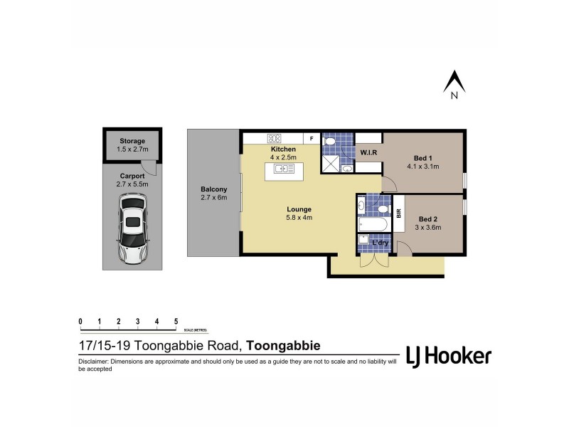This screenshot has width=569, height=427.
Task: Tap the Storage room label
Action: (132, 141)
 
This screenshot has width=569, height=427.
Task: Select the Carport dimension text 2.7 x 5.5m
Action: (132, 184)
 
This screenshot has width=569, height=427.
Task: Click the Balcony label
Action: (213, 189)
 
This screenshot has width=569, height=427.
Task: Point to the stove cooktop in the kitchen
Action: (275, 139)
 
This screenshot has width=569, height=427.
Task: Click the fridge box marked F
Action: (311, 139)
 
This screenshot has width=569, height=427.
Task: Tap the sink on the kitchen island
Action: (284, 169)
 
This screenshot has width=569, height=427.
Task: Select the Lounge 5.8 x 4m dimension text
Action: (299, 218)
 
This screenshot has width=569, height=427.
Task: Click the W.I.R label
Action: (368, 153)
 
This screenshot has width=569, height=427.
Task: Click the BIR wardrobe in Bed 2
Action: (399, 212)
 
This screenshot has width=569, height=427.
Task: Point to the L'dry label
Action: (380, 244)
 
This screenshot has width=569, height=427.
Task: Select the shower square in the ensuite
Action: (330, 164)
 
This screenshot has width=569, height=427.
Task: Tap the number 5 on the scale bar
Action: (176, 322)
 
